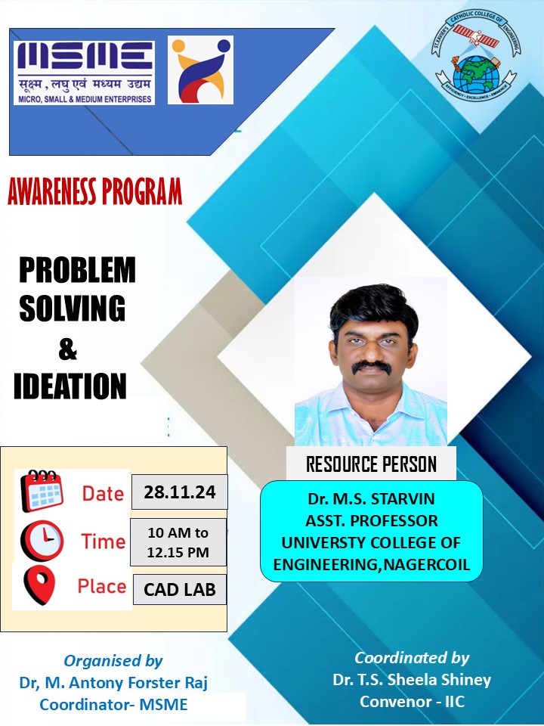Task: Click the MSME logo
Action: point(85,73)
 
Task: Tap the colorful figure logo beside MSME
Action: point(200,70)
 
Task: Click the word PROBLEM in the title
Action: point(77,271)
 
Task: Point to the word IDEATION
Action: point(70,386)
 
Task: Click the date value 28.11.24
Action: point(180,493)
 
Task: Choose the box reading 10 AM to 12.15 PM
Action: point(178,542)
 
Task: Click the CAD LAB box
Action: point(180,590)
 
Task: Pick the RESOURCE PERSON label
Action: point(371,464)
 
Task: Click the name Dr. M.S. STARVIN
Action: point(372,500)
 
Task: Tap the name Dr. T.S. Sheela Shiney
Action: point(412,680)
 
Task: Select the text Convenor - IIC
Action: point(412,702)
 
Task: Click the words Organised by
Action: point(113,661)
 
